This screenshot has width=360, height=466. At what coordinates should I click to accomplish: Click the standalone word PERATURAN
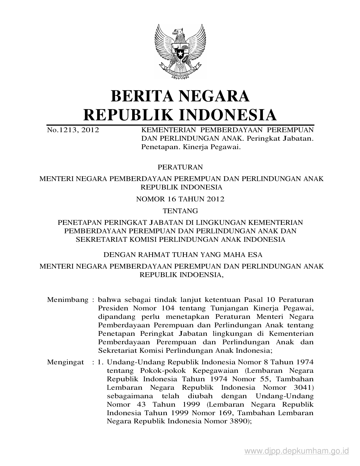pos(180,167)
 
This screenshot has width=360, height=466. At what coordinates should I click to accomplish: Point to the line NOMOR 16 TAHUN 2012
pos(180,199)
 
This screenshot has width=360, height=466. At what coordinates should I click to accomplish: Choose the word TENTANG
pos(180,211)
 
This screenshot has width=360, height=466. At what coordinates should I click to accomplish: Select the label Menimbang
pos(68,299)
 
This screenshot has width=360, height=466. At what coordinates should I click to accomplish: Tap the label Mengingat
pos(66,362)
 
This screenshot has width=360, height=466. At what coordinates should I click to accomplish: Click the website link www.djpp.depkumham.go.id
pos(296,451)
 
